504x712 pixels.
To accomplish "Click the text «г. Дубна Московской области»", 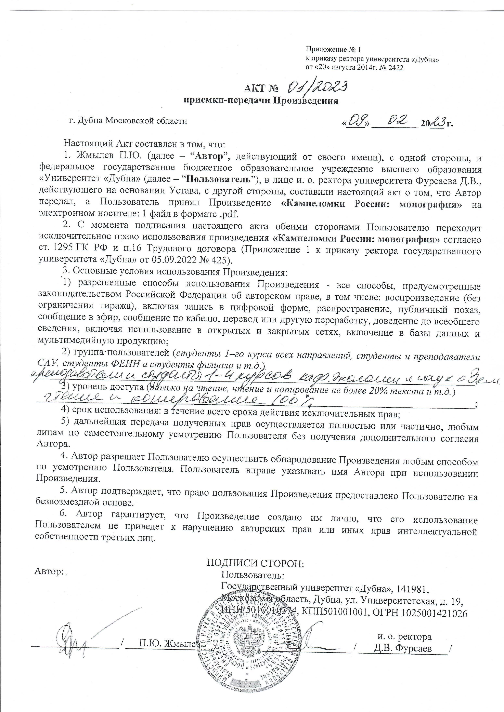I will [128, 121].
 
